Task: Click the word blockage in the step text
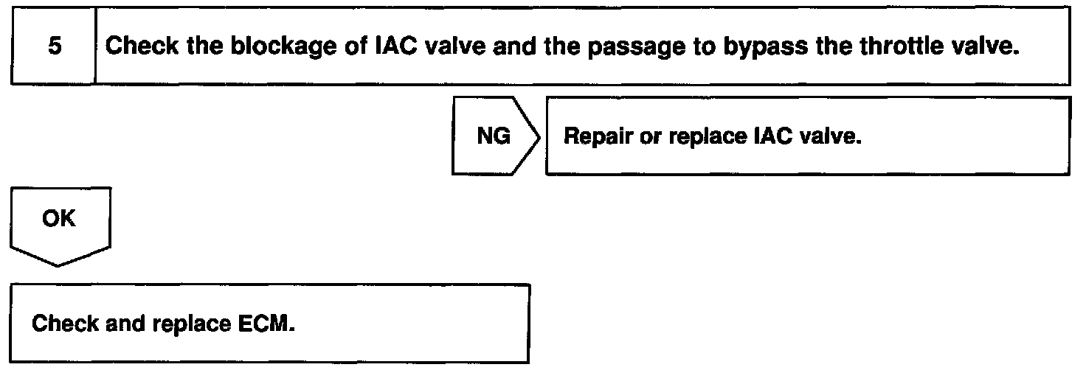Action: tap(269, 46)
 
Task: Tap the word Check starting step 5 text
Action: tap(139, 46)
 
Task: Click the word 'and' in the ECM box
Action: tap(124, 325)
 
